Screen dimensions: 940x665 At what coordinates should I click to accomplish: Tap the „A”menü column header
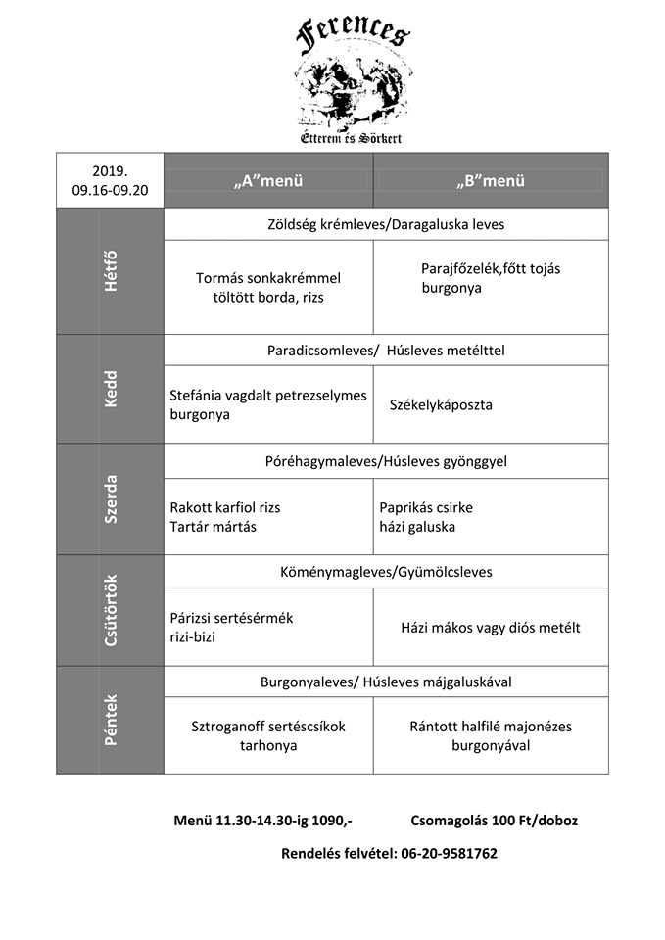click(268, 181)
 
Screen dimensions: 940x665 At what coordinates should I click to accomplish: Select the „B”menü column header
click(491, 181)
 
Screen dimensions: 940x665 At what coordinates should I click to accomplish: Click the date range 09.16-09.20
click(110, 190)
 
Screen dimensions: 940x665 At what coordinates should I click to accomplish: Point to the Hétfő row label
click(110, 272)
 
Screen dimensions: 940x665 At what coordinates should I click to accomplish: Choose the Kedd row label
click(110, 389)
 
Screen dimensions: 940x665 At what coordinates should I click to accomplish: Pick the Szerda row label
click(110, 499)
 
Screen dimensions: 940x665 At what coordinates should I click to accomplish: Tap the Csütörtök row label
click(110, 611)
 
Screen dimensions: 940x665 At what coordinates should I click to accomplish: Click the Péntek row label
click(110, 720)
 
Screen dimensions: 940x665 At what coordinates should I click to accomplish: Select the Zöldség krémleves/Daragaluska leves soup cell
click(386, 224)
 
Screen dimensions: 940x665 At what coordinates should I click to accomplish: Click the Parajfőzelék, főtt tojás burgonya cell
click(491, 278)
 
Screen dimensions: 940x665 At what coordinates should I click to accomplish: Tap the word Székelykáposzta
click(441, 404)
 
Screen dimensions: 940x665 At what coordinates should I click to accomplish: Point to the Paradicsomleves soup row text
click(386, 350)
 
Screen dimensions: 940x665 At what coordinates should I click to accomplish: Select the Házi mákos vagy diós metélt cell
click(491, 627)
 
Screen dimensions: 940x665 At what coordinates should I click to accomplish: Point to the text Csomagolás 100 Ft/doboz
click(495, 821)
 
